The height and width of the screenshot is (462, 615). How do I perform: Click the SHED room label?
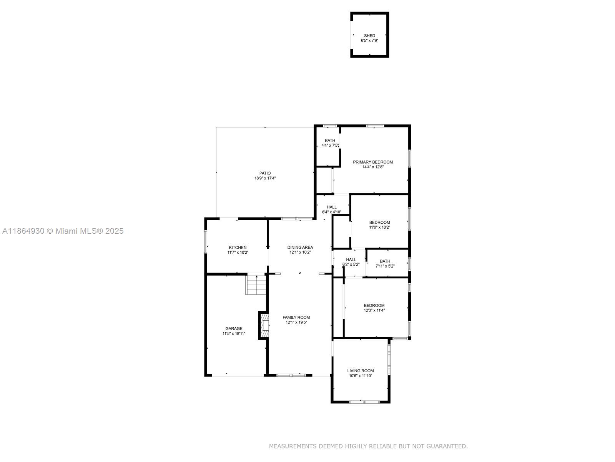pyautogui.click(x=369, y=36)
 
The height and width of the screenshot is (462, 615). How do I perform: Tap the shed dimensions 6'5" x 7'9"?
pyautogui.click(x=369, y=40)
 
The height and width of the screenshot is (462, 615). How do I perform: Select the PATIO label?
pyautogui.click(x=265, y=173)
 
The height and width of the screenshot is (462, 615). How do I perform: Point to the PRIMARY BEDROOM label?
pyautogui.click(x=372, y=162)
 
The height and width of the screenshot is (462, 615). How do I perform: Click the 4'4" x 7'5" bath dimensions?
pyautogui.click(x=330, y=145)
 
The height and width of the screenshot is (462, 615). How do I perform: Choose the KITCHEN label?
pyautogui.click(x=238, y=248)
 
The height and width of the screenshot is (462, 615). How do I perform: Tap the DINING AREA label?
pyautogui.click(x=300, y=247)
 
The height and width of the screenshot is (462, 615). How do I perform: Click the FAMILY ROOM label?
pyautogui.click(x=296, y=317)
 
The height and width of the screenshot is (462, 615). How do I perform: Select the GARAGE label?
pyautogui.click(x=234, y=328)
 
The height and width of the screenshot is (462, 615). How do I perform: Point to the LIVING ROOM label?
pyautogui.click(x=360, y=370)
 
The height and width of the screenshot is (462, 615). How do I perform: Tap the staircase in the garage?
pyautogui.click(x=256, y=285)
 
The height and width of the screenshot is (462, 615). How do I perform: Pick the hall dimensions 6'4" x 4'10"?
pyautogui.click(x=331, y=212)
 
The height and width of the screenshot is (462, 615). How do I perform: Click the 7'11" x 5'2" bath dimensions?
pyautogui.click(x=385, y=266)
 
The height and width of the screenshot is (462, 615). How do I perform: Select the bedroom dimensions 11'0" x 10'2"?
pyautogui.click(x=379, y=227)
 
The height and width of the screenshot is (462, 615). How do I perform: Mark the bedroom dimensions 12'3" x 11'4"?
pyautogui.click(x=374, y=310)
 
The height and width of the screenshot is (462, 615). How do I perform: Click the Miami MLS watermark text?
pyautogui.click(x=63, y=231)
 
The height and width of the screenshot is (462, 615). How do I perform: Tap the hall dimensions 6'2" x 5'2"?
pyautogui.click(x=351, y=264)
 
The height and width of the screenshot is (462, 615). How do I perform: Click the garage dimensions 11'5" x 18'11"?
pyautogui.click(x=234, y=333)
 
